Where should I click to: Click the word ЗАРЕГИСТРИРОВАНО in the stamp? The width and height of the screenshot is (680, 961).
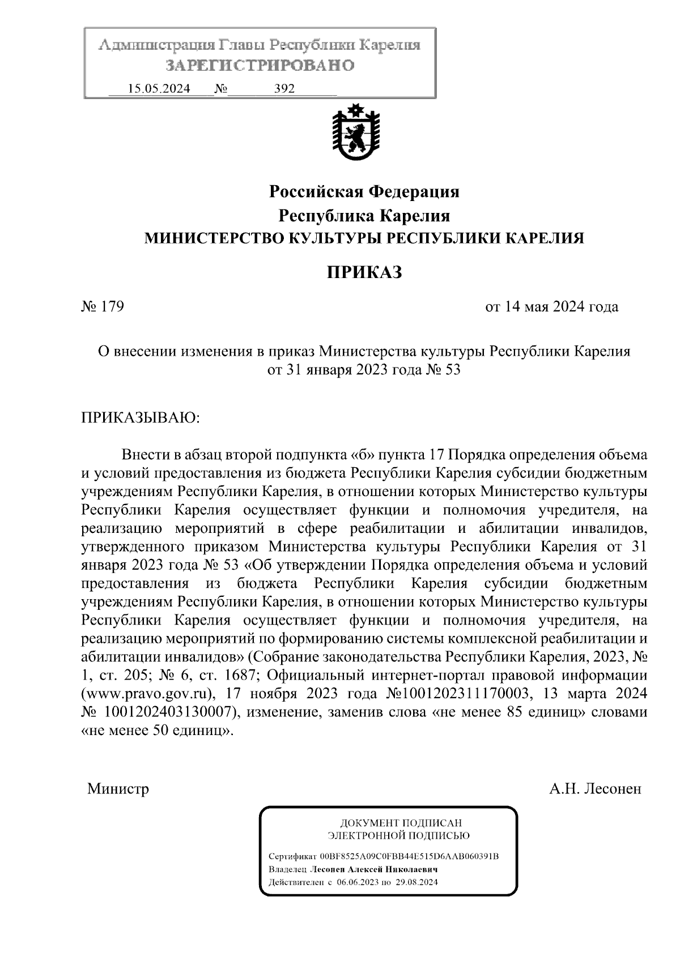[x=260, y=66]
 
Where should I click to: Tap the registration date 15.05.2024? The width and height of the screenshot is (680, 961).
[x=159, y=89]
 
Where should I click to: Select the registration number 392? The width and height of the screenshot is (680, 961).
[x=284, y=89]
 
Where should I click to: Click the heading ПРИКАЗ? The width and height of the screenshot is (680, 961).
[x=364, y=272]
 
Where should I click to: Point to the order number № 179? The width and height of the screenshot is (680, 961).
[x=103, y=307]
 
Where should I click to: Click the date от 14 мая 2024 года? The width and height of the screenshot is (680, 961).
[x=551, y=307]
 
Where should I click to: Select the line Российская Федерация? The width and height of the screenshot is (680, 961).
[x=364, y=192]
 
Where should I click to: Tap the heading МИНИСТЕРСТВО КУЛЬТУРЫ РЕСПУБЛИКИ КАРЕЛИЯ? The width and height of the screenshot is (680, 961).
[x=364, y=238]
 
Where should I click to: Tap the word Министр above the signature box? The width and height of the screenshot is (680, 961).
[x=118, y=788]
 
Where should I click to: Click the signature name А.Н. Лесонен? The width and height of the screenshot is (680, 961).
[x=595, y=788]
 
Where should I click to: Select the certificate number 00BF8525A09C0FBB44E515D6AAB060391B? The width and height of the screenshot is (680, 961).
[x=409, y=856]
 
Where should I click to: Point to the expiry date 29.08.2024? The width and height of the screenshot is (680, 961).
[x=418, y=882]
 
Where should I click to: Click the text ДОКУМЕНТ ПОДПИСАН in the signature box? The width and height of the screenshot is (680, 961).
[x=401, y=822]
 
